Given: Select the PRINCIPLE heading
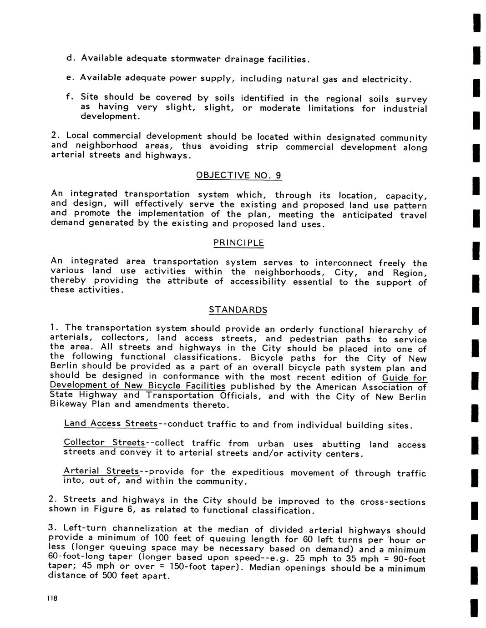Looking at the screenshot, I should [x=238, y=243].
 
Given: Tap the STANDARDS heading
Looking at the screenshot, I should [x=238, y=310].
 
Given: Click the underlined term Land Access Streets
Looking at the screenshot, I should [x=111, y=424].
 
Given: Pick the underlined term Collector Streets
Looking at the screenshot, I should [x=104, y=443].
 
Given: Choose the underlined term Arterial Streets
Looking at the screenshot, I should [x=101, y=471].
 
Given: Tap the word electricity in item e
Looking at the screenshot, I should [x=386, y=80].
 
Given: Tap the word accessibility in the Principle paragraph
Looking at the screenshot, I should [x=258, y=282].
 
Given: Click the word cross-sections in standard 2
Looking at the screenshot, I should [x=393, y=502].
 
